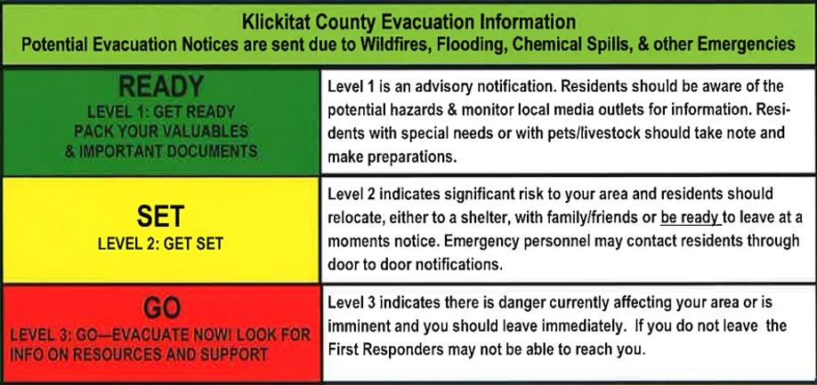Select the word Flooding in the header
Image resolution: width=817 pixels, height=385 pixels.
(467, 44)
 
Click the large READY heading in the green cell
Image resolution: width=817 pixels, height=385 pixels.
(161, 87)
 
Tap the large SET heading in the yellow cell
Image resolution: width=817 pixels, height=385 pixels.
(160, 216)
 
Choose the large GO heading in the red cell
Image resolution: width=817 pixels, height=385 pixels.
(162, 309)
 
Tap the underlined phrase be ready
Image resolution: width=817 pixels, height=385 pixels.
(691, 218)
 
